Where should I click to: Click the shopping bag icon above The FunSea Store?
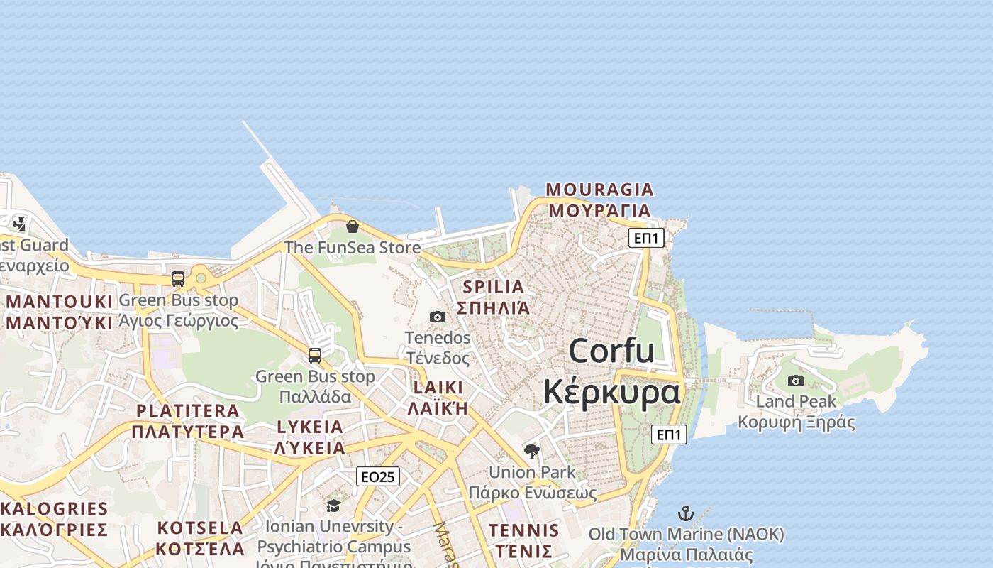click(x=352, y=226)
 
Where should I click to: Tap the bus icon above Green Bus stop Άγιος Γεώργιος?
click(x=178, y=279)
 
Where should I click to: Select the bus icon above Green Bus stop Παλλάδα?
click(x=315, y=355)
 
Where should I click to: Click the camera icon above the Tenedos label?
click(x=438, y=317)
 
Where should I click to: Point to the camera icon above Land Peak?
click(x=796, y=381)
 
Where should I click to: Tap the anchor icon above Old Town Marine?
click(x=686, y=513)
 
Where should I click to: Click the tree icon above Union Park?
click(x=531, y=451)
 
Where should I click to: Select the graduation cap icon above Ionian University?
click(x=333, y=506)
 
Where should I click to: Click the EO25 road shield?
click(x=378, y=476)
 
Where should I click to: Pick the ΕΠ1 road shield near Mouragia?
click(x=646, y=238)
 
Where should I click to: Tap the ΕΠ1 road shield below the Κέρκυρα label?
click(x=669, y=435)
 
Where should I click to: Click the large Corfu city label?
click(x=611, y=351)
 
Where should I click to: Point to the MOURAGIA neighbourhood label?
click(x=599, y=190)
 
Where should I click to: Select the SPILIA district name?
click(x=493, y=287)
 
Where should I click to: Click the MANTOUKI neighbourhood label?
click(x=60, y=302)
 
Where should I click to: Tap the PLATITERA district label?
click(x=187, y=410)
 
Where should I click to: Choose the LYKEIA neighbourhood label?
click(x=310, y=427)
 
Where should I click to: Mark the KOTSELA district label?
click(x=200, y=528)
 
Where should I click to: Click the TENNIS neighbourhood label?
click(x=523, y=530)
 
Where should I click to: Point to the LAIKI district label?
click(x=438, y=388)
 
